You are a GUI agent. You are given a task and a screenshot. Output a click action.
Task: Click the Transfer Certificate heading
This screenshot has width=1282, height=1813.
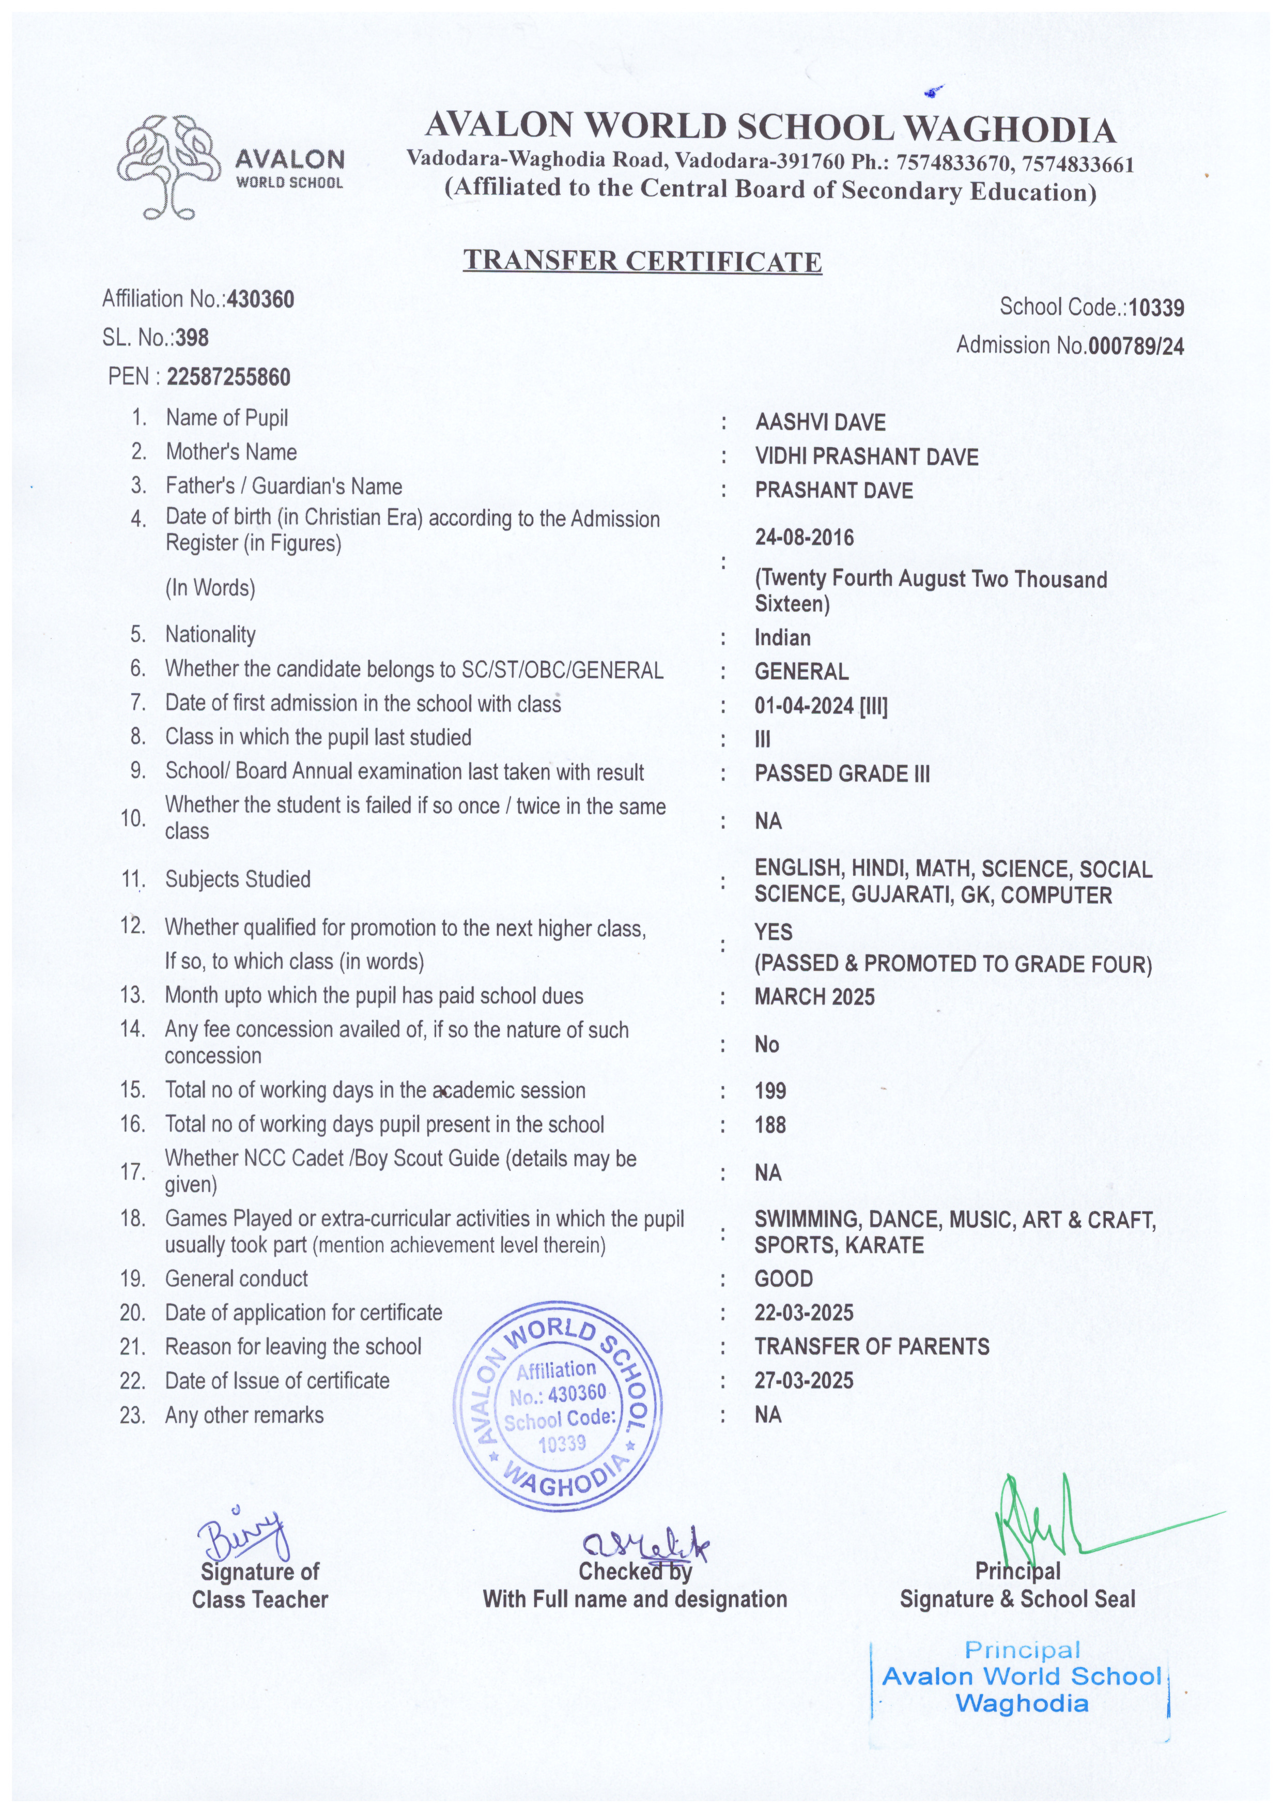pos(642,261)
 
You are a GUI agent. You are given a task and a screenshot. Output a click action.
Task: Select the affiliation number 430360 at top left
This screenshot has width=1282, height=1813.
pos(260,299)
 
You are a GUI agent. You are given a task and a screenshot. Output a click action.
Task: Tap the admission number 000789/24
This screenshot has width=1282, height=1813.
pos(1135,346)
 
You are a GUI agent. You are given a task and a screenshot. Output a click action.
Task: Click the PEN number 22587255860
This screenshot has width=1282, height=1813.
pos(228,377)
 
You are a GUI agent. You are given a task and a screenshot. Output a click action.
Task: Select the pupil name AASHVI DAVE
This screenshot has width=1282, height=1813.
pos(820,422)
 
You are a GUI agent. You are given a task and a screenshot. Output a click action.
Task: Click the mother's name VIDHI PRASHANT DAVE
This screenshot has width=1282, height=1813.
pos(866,457)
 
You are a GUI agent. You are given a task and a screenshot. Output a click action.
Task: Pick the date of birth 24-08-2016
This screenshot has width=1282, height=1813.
pos(804,538)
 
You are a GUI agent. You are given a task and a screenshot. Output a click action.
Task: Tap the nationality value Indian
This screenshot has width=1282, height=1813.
pos(782,638)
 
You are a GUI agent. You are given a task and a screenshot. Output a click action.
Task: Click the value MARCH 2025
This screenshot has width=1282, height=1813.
pos(814,997)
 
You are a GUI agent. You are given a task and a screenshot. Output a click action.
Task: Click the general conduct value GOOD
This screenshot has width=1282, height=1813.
pos(783,1278)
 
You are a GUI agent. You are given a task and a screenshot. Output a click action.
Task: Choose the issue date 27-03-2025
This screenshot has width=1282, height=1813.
pos(804,1380)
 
